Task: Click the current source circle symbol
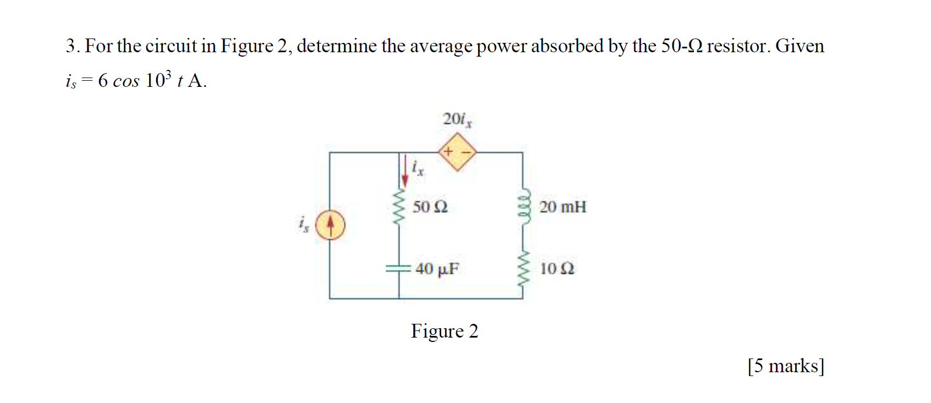point(330,225)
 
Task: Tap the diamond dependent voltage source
point(457,151)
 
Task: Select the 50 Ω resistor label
point(430,207)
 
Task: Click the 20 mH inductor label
point(562,207)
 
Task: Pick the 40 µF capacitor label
point(437,269)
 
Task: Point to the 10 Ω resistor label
point(556,269)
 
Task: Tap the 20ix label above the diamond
point(457,119)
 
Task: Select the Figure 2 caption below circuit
point(444,331)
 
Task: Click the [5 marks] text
point(785,366)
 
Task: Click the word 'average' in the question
point(440,47)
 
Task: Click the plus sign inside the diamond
point(448,151)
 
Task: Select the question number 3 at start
point(70,46)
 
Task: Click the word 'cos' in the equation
point(126,81)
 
